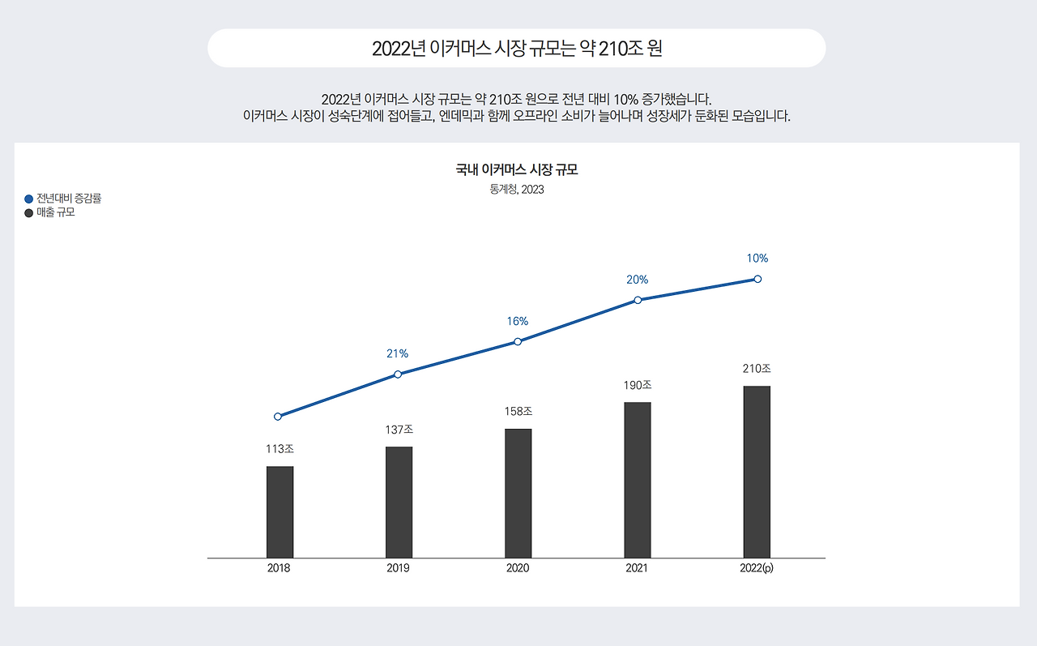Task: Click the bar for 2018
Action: (280, 511)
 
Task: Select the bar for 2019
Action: (399, 502)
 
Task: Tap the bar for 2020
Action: (518, 493)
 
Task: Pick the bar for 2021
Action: (638, 480)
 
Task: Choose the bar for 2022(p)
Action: (757, 472)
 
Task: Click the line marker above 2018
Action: (278, 417)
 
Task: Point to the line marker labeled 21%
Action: (398, 374)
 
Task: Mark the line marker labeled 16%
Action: (518, 341)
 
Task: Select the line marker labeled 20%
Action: (638, 300)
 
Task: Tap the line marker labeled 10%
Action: (757, 279)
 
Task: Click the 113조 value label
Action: (280, 448)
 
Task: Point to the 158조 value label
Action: (518, 411)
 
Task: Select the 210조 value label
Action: (757, 368)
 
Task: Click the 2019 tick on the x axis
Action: (398, 568)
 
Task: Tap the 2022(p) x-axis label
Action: (757, 568)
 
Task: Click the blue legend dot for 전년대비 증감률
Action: (29, 199)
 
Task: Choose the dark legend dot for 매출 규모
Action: (29, 213)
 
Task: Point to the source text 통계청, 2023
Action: (517, 190)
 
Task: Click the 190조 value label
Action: (638, 385)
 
